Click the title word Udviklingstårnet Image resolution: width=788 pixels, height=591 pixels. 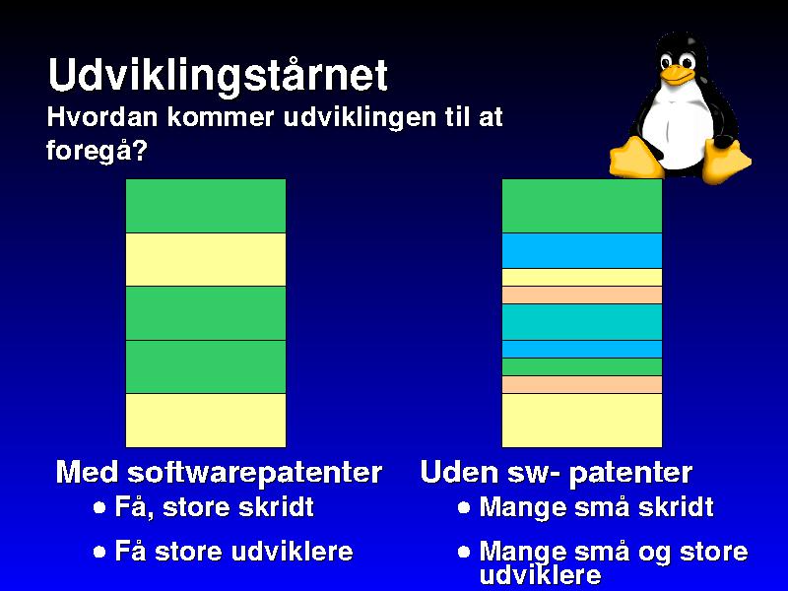(218, 76)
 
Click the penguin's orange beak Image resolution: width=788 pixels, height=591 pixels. (679, 75)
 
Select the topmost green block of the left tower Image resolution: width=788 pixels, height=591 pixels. (206, 206)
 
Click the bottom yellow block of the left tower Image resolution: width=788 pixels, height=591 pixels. (206, 421)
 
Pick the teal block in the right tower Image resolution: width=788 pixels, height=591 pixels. (582, 322)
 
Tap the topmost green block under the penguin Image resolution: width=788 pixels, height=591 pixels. (582, 206)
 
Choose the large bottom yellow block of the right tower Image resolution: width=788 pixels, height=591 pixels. (582, 421)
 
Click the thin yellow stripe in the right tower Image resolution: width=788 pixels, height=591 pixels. (582, 278)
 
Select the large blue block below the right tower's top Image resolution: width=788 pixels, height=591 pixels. (582, 250)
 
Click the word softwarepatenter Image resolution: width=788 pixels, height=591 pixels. (254, 474)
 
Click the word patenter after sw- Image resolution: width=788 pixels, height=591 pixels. (630, 474)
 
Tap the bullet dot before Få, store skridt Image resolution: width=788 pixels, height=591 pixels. (99, 507)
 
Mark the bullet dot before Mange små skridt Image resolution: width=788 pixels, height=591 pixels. (464, 507)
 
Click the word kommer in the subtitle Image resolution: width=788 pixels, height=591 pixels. (221, 117)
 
